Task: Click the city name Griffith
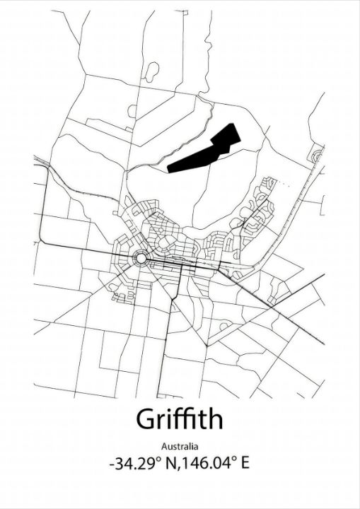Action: click(x=180, y=419)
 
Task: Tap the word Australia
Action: click(x=180, y=446)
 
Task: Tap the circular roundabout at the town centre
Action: click(x=140, y=259)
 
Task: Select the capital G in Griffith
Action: click(x=145, y=419)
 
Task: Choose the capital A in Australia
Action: click(x=164, y=446)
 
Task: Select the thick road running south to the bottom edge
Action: click(x=161, y=353)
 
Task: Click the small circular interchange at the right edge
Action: click(x=317, y=155)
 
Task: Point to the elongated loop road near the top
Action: click(x=151, y=70)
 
